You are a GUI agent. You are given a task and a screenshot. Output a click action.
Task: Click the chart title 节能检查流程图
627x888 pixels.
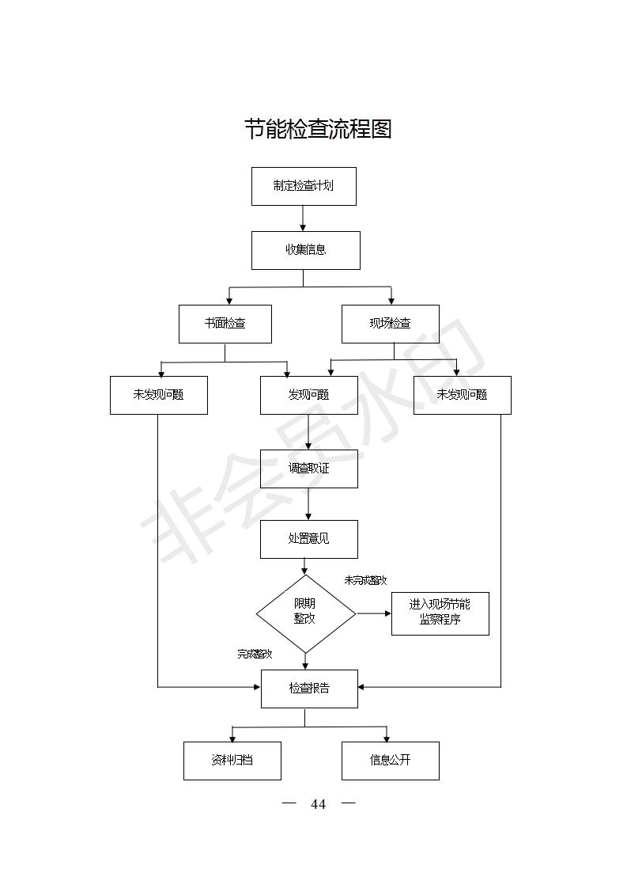(x=318, y=129)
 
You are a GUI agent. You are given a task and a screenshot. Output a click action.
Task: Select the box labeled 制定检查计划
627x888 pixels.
(x=304, y=186)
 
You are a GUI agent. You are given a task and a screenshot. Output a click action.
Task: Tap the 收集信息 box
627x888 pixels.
(x=305, y=250)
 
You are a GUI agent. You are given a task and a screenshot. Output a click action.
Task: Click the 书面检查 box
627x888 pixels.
(x=225, y=324)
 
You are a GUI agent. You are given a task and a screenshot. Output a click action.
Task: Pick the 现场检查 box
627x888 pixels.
(x=391, y=324)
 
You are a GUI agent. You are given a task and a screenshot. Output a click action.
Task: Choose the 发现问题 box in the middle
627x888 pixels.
(x=309, y=395)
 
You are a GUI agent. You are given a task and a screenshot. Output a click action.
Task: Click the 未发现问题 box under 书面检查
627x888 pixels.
(x=158, y=395)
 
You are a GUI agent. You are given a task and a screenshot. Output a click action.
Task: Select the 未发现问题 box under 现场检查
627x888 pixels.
(x=463, y=395)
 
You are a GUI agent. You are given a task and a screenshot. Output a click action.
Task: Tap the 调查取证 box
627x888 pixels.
(x=309, y=469)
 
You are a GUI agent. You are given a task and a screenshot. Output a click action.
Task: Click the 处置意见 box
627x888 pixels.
(x=309, y=539)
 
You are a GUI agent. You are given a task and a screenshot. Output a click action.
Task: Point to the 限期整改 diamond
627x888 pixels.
(x=305, y=614)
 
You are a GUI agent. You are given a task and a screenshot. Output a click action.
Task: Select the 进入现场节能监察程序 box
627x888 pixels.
(x=440, y=614)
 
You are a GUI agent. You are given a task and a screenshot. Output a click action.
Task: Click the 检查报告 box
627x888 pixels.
(x=309, y=689)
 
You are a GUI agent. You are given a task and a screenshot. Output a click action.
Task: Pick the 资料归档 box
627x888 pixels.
(x=232, y=761)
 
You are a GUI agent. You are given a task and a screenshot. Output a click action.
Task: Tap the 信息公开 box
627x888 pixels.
(x=391, y=761)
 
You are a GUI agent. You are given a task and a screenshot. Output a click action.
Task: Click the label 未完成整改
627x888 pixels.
(x=365, y=580)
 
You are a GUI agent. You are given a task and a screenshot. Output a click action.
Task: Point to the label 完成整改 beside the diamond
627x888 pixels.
(x=255, y=654)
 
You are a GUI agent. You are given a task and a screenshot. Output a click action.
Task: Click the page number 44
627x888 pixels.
(x=319, y=804)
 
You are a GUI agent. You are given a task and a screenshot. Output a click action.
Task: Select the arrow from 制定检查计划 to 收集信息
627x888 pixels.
(x=303, y=218)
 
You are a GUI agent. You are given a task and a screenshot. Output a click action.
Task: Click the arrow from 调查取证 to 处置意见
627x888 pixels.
(x=308, y=504)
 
